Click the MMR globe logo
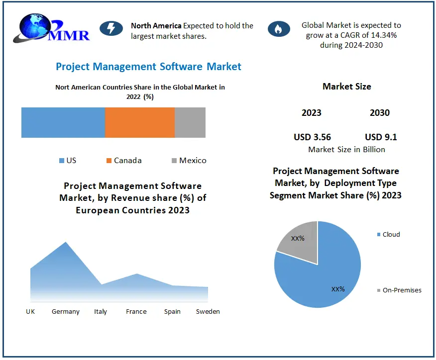pos(51,28)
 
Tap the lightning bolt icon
pos(111,28)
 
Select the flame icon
pos(279,29)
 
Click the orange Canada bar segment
pos(140,122)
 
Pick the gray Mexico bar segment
pos(190,122)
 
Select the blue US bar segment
pos(63,122)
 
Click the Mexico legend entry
pos(189,161)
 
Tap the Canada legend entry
pos(124,161)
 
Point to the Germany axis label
pos(66,312)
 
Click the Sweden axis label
pos(208,312)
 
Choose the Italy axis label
pos(101,312)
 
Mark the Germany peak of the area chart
pos(66,242)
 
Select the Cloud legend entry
pos(388,234)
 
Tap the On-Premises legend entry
pos(399,290)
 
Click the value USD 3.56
pos(312,137)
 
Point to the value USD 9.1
pos(381,137)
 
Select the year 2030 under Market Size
pos(380,113)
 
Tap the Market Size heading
pos(347,87)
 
